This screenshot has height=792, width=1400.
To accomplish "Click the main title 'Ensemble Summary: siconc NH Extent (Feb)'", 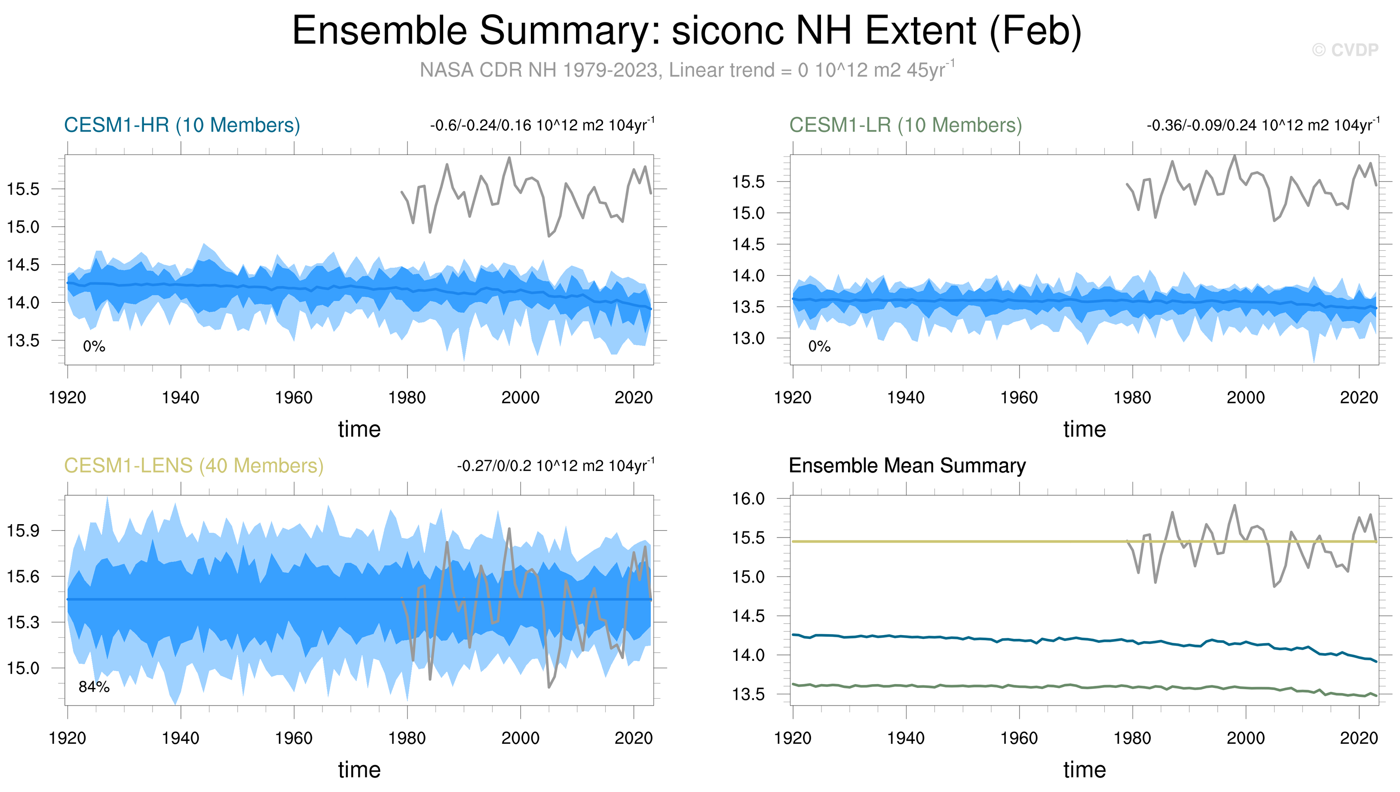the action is click(x=687, y=31).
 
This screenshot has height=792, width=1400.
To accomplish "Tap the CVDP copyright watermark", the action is click(x=1345, y=50).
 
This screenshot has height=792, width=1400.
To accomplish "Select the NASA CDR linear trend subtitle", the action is click(x=687, y=70).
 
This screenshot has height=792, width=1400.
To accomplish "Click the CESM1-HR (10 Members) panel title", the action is click(x=182, y=125).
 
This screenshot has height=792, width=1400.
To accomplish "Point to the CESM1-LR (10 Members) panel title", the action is click(x=905, y=125).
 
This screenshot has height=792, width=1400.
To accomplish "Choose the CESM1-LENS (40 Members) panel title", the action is click(x=193, y=466).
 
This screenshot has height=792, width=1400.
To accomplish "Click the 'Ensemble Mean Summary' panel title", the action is click(x=907, y=466).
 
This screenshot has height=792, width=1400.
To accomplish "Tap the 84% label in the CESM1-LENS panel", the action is click(x=94, y=687).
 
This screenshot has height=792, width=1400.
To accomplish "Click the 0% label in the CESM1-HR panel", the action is click(x=94, y=347).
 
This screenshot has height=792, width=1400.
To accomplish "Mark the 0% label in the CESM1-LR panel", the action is click(x=819, y=347).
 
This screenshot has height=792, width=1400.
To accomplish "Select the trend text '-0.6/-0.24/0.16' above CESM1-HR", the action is click(x=480, y=126).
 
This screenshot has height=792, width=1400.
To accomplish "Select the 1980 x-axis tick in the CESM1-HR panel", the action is click(x=407, y=398).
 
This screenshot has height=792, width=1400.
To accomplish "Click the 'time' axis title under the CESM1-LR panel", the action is click(x=1084, y=429).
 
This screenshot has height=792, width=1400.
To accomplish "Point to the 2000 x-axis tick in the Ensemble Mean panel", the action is click(x=1246, y=738).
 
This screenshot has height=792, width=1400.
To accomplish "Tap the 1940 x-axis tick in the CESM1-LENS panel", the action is click(x=181, y=738).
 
